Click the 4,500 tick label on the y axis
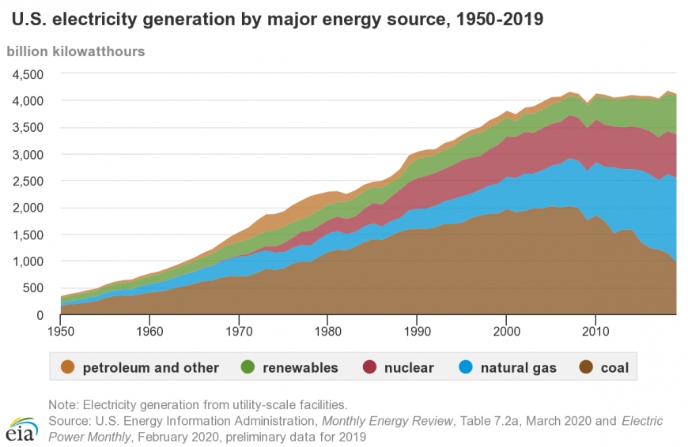coord(28,74)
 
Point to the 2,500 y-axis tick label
coord(28,181)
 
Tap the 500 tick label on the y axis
coord(34,288)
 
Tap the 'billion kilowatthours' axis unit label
coord(76,51)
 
